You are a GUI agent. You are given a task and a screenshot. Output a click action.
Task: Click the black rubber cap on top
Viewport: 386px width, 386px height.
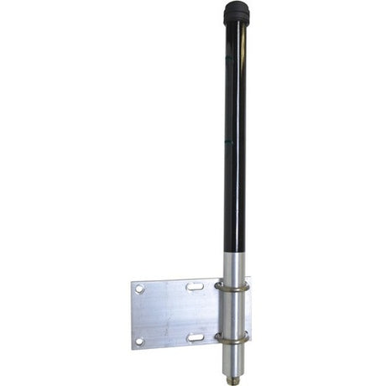(235, 13)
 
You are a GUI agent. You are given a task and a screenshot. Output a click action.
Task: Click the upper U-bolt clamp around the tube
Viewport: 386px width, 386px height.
(235, 285)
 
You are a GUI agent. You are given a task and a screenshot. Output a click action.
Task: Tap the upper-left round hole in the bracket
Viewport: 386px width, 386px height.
(140, 288)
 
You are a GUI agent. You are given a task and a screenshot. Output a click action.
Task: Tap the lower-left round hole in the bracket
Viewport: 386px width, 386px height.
(139, 341)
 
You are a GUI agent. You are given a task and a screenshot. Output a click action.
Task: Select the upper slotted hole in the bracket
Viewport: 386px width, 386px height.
(194, 287)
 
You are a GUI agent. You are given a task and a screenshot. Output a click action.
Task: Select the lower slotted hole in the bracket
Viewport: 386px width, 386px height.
(194, 337)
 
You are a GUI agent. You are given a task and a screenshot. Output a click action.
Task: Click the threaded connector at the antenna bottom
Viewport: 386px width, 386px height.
(236, 375)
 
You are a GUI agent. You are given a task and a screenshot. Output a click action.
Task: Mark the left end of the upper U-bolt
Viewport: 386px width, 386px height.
(217, 286)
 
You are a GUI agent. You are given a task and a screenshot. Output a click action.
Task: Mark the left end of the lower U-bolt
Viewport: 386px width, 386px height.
(217, 337)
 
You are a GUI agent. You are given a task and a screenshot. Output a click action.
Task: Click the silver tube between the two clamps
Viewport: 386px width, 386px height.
(236, 311)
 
